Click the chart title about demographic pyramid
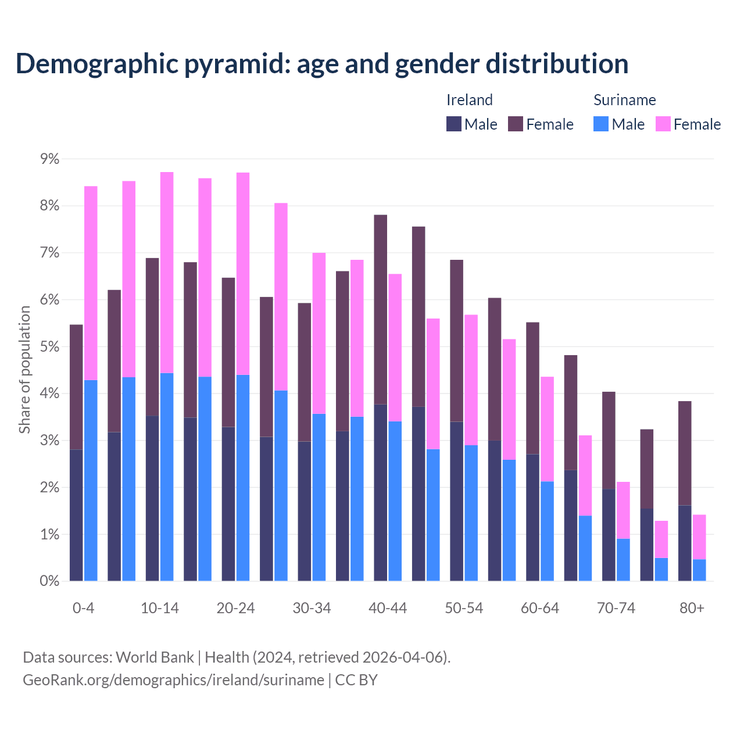(x=322, y=64)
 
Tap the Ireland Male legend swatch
(x=454, y=124)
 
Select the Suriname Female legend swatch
(x=663, y=124)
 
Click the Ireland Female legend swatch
(x=516, y=124)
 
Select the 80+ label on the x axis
(x=692, y=608)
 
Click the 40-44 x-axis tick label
(x=388, y=608)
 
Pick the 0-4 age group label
(x=83, y=608)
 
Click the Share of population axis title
(x=24, y=370)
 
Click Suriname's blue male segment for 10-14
(x=167, y=477)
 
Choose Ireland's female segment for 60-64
(x=532, y=388)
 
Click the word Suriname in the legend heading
(x=624, y=100)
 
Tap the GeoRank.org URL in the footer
(x=173, y=679)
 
